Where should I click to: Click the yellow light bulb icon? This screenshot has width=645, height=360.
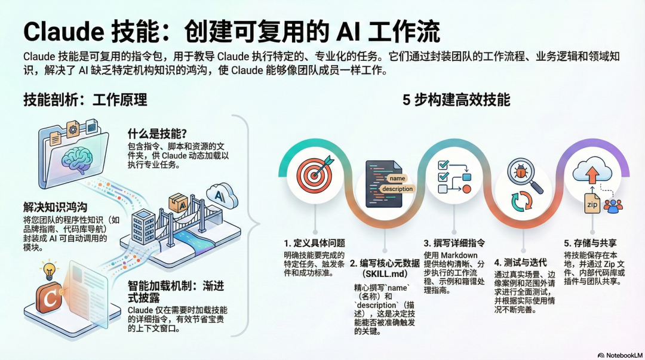pos(48,270)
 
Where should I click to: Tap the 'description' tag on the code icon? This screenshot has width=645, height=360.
pos(397,189)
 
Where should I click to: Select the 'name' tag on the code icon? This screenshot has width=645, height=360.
pos(397,178)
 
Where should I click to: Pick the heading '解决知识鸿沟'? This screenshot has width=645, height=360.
pos(56,207)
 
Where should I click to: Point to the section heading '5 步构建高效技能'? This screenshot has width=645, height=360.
pos(456,100)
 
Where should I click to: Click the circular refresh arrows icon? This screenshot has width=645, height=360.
pos(521,202)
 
